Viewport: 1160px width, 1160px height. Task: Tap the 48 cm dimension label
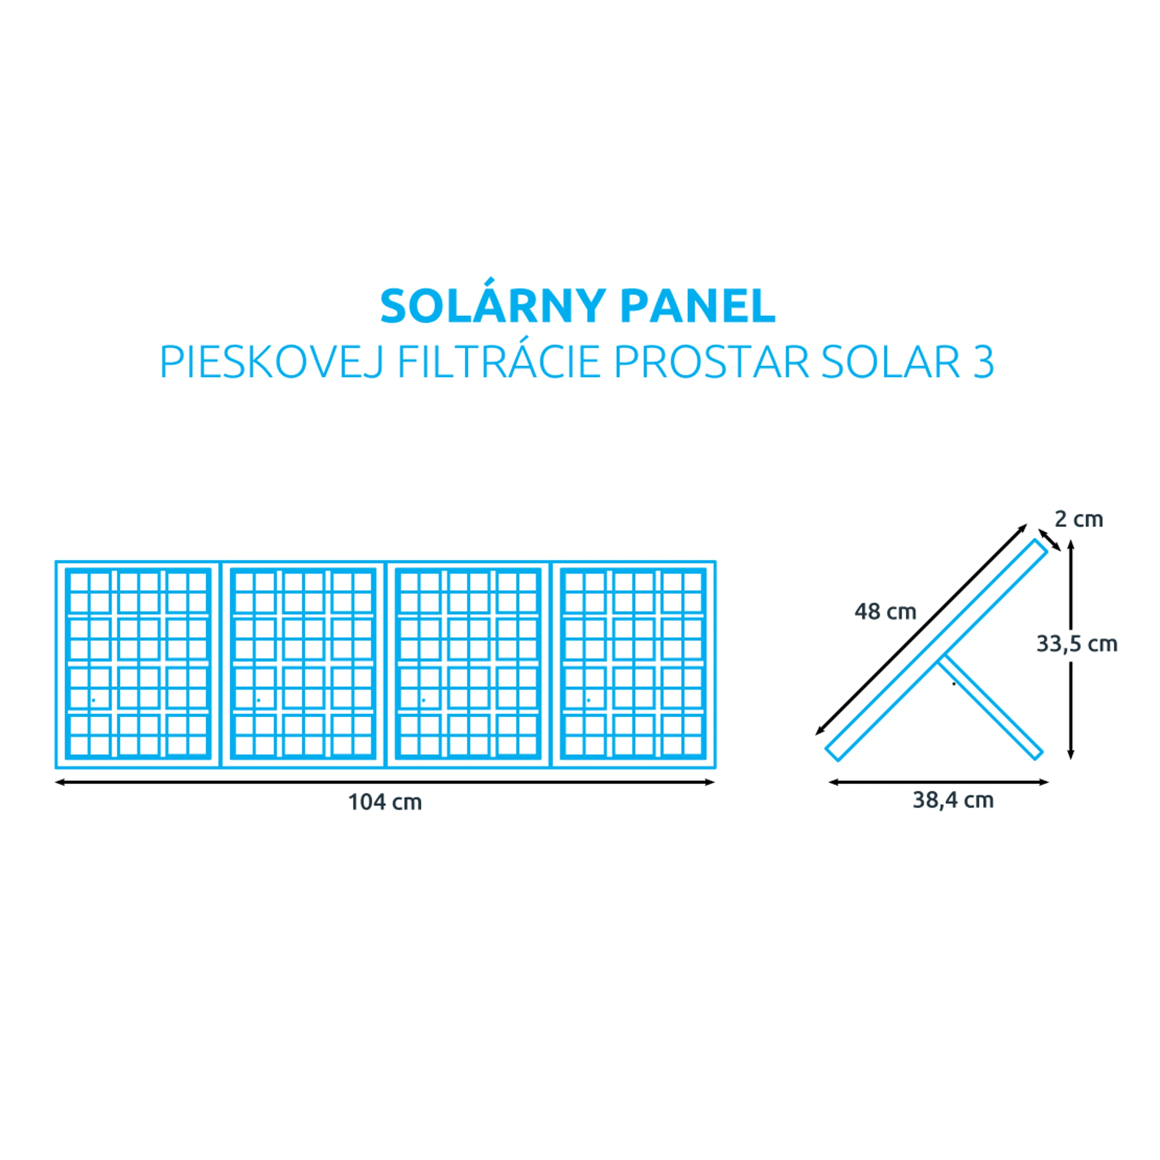click(x=885, y=612)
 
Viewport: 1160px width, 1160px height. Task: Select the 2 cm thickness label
click(x=1079, y=519)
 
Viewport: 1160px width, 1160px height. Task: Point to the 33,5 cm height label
click(x=1077, y=644)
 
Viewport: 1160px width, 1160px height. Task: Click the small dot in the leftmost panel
click(x=93, y=700)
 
